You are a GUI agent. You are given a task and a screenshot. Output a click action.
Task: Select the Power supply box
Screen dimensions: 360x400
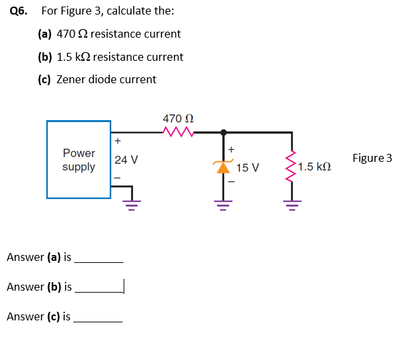pos(79,159)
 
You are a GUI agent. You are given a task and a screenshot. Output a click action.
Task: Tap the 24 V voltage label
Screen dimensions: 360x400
pos(126,160)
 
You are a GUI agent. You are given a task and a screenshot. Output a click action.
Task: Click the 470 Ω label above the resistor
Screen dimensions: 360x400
pos(178,118)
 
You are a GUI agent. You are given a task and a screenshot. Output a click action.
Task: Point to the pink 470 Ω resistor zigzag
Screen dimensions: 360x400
pos(177,132)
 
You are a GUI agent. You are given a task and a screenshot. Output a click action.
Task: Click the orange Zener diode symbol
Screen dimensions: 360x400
pos(223,166)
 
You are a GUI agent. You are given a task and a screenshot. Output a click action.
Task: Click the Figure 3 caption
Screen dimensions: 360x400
pos(372,158)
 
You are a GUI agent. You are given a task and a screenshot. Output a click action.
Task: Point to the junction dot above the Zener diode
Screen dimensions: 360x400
pos(223,133)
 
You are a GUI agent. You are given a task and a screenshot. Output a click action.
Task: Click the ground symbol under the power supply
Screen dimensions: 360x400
pos(131,201)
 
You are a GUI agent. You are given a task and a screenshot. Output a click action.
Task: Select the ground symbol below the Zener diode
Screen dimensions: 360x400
pos(223,201)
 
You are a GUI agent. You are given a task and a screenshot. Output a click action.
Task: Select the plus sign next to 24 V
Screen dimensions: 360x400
pos(118,141)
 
